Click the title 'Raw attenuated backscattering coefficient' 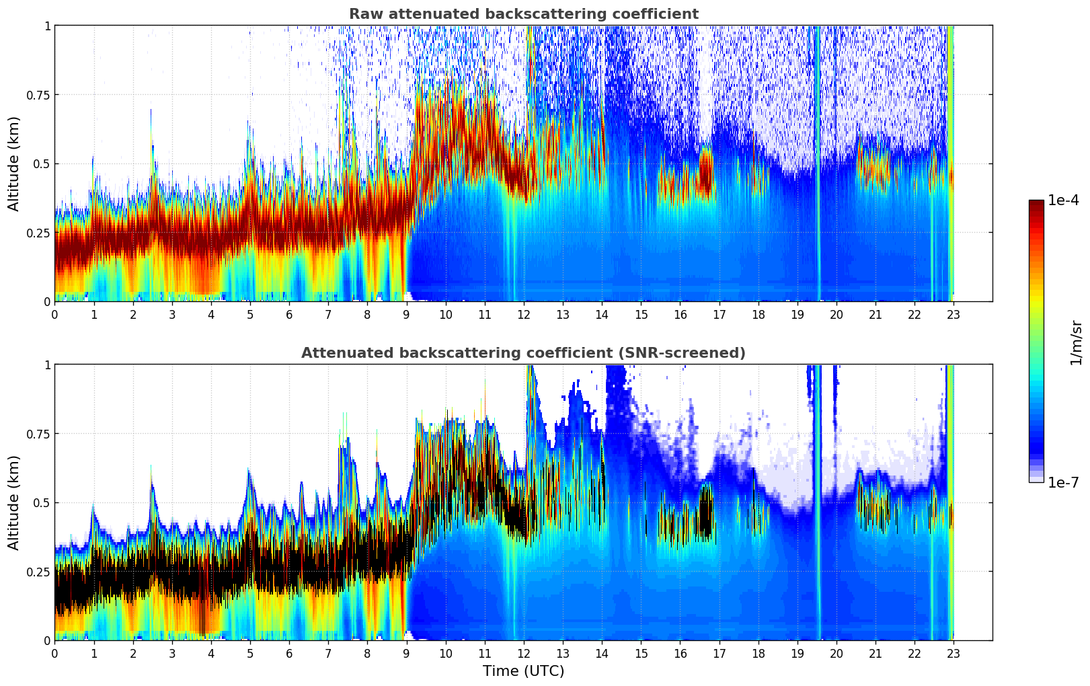coord(523,14)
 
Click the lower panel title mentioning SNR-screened coord(523,353)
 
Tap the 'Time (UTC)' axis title coord(523,671)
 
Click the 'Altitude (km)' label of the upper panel coord(14,163)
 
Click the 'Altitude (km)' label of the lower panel coord(14,502)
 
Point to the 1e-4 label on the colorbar coord(1063,200)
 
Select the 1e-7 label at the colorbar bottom coord(1063,482)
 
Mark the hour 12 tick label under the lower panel coord(523,653)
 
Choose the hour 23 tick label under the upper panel coord(953,314)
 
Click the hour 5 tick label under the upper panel coord(250,314)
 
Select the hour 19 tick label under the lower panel coord(797,653)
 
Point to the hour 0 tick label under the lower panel coord(55,653)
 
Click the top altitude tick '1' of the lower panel coord(47,365)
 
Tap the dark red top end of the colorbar coord(1036,204)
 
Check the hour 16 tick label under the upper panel coord(680,314)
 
